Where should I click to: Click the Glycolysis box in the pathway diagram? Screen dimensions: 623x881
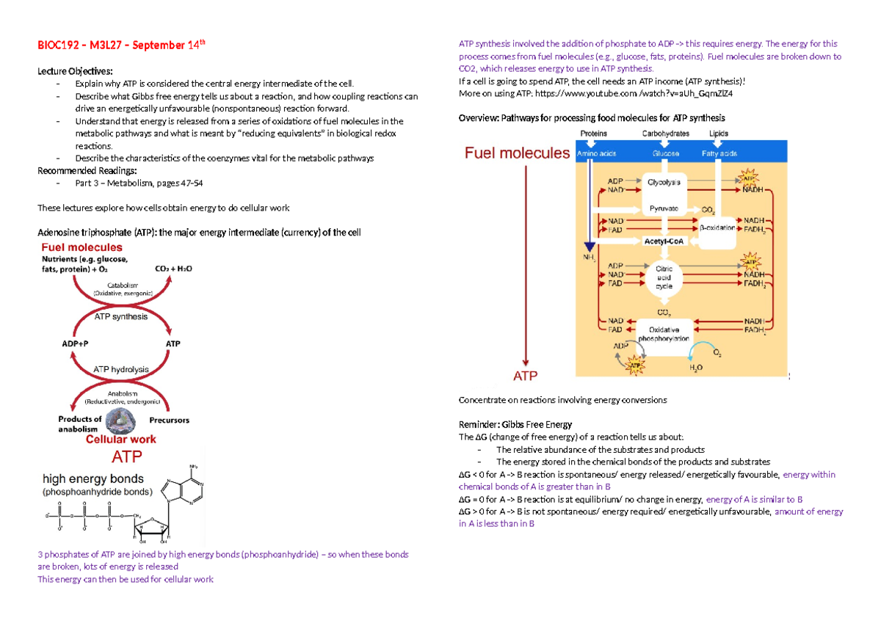coord(664,181)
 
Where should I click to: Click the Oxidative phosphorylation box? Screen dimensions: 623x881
coord(669,334)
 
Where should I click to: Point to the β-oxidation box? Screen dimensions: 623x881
coord(717,227)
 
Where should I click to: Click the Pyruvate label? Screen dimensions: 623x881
coord(664,208)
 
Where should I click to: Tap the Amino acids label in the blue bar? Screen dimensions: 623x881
coord(595,154)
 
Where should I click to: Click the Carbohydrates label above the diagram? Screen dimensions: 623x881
coord(665,134)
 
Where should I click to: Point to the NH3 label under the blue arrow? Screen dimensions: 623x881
coord(586,258)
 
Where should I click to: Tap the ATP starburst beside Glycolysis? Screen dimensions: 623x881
coord(748,178)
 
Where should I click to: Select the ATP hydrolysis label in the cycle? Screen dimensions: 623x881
coord(120,369)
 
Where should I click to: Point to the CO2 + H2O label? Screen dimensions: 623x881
coord(173,269)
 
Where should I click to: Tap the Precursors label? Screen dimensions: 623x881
coord(169,420)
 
